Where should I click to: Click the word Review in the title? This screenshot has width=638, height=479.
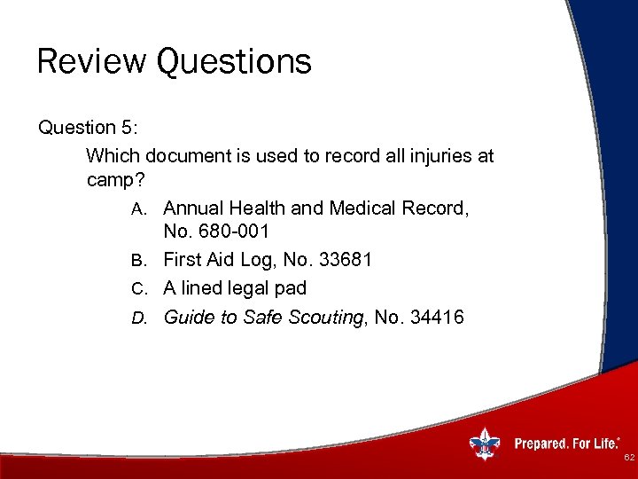click(91, 62)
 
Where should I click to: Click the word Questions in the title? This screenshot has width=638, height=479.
click(234, 62)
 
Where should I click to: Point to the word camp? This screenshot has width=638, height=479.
click(114, 180)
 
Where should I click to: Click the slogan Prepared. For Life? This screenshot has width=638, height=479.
click(567, 442)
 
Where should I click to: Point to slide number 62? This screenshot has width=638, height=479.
click(628, 458)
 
